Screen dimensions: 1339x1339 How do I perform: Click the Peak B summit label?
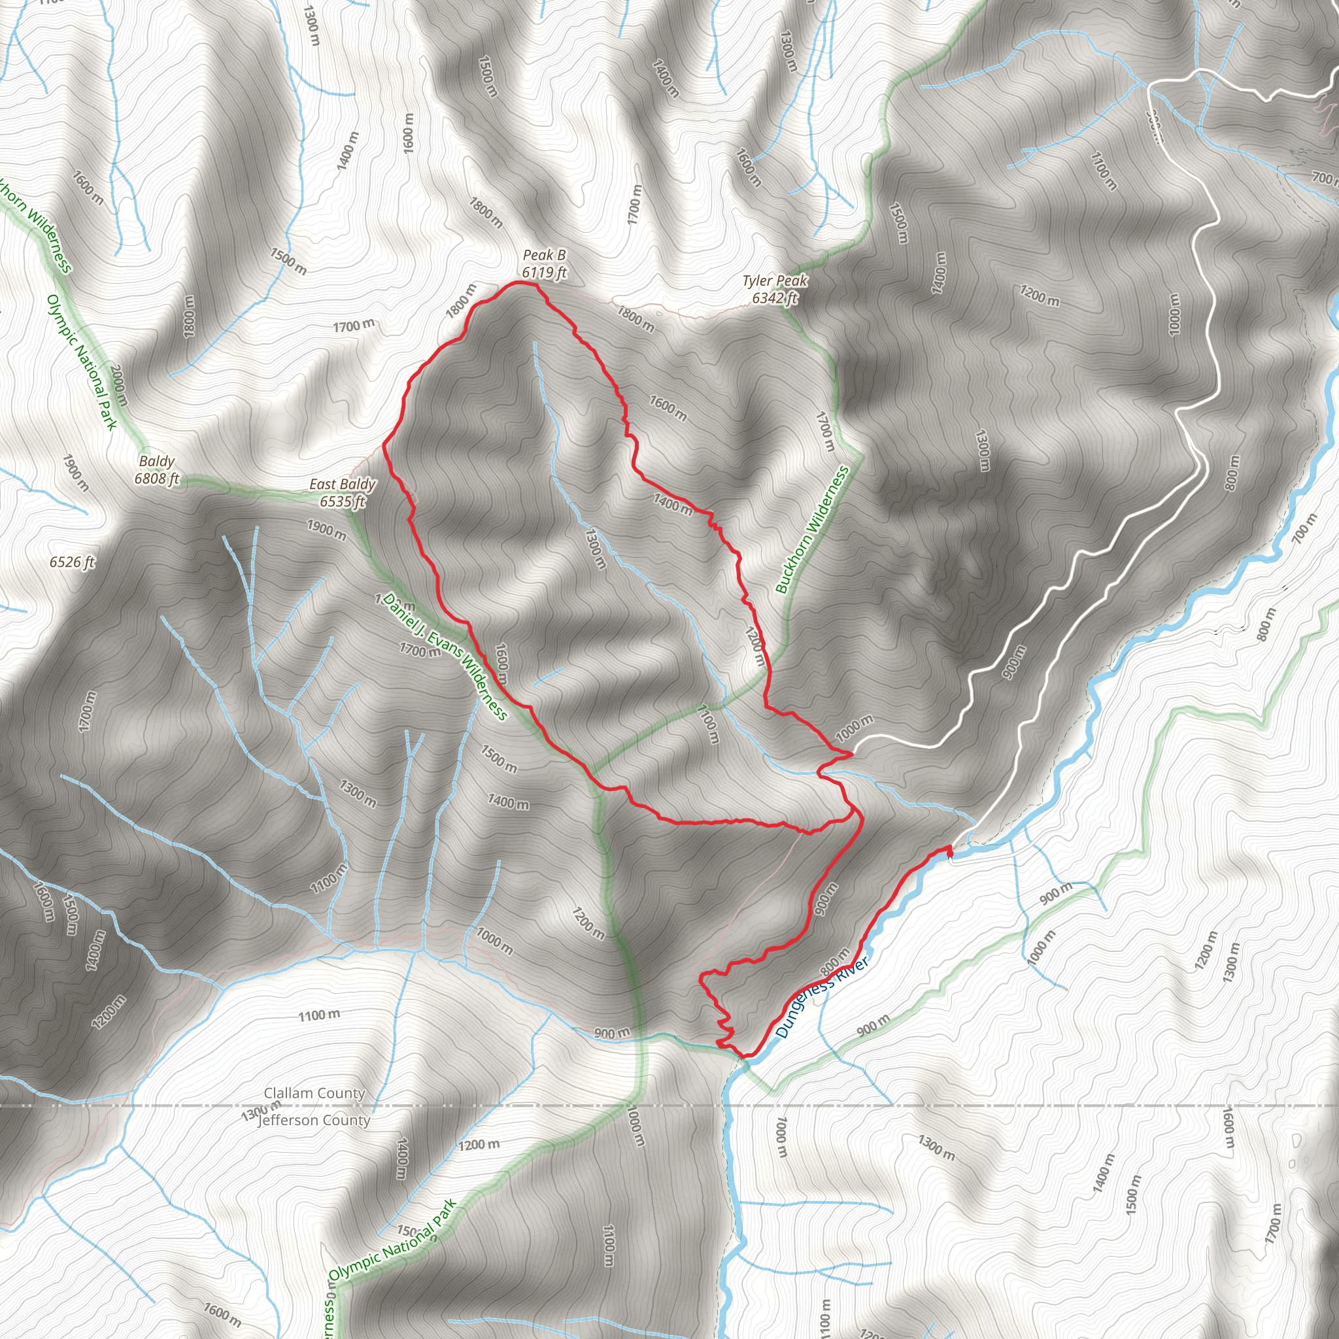pyautogui.click(x=544, y=255)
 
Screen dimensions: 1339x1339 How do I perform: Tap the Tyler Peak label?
pyautogui.click(x=775, y=280)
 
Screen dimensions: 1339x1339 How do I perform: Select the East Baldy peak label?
pyautogui.click(x=343, y=484)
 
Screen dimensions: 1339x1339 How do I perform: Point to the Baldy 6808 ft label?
pyautogui.click(x=158, y=470)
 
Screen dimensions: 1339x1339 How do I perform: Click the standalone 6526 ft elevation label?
pyautogui.click(x=72, y=562)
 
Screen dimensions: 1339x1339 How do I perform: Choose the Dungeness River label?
pyautogui.click(x=822, y=998)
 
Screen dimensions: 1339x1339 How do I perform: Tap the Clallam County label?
pyautogui.click(x=314, y=1093)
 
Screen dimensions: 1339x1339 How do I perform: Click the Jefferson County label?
pyautogui.click(x=314, y=1121)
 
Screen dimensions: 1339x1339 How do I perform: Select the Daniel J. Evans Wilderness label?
pyautogui.click(x=446, y=656)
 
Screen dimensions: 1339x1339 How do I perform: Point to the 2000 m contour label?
pyautogui.click(x=118, y=385)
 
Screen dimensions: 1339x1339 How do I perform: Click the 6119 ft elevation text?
pyautogui.click(x=545, y=273)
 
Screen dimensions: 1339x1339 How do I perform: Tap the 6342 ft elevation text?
pyautogui.click(x=775, y=298)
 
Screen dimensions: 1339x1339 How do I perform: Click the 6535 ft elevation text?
pyautogui.click(x=343, y=501)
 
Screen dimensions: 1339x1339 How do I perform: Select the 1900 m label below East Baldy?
pyautogui.click(x=326, y=530)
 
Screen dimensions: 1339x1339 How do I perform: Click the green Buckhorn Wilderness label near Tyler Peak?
pyautogui.click(x=811, y=530)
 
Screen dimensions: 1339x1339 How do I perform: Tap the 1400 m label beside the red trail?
pyautogui.click(x=672, y=504)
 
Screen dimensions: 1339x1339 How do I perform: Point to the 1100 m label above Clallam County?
pyautogui.click(x=319, y=1015)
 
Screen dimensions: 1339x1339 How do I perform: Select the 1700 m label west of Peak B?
pyautogui.click(x=354, y=325)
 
